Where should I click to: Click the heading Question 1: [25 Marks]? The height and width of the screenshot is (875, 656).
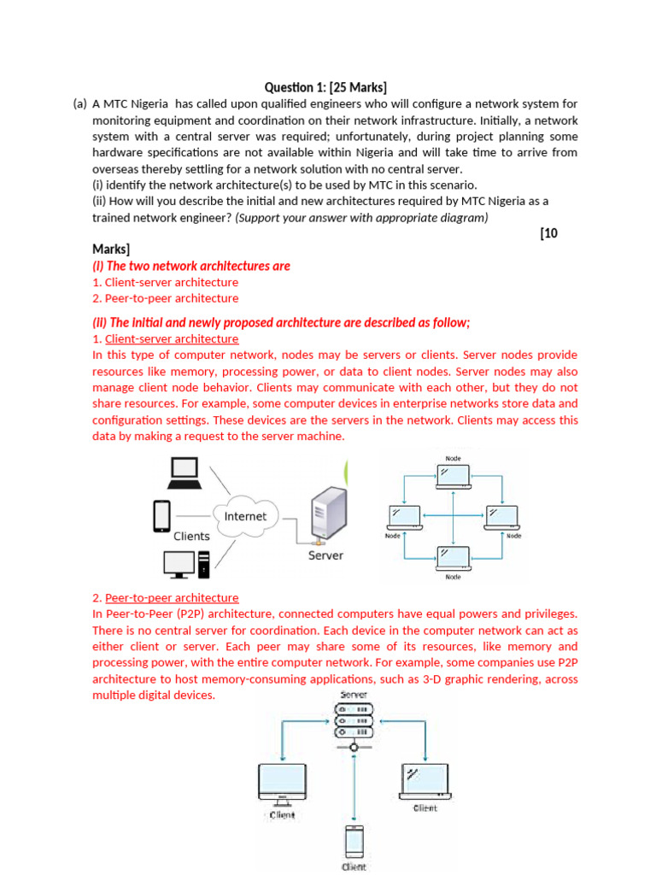pyautogui.click(x=325, y=87)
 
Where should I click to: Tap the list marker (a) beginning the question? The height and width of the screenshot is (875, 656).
pyautogui.click(x=80, y=104)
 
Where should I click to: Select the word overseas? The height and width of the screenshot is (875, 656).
pyautogui.click(x=119, y=169)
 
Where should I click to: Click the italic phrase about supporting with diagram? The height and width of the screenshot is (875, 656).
pyautogui.click(x=362, y=218)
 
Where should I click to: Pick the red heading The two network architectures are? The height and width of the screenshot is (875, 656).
pyautogui.click(x=191, y=266)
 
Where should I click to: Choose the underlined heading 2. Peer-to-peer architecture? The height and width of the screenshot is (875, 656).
pyautogui.click(x=165, y=597)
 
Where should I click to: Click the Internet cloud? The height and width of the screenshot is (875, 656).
pyautogui.click(x=245, y=516)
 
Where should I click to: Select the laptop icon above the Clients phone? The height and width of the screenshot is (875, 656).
pyautogui.click(x=185, y=473)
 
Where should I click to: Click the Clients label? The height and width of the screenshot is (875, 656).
pyautogui.click(x=191, y=537)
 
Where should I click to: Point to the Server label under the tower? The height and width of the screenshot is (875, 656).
pyautogui.click(x=325, y=555)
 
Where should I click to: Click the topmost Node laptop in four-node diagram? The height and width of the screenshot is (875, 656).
pyautogui.click(x=454, y=475)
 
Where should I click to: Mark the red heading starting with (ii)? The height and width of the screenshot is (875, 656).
pyautogui.click(x=281, y=322)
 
